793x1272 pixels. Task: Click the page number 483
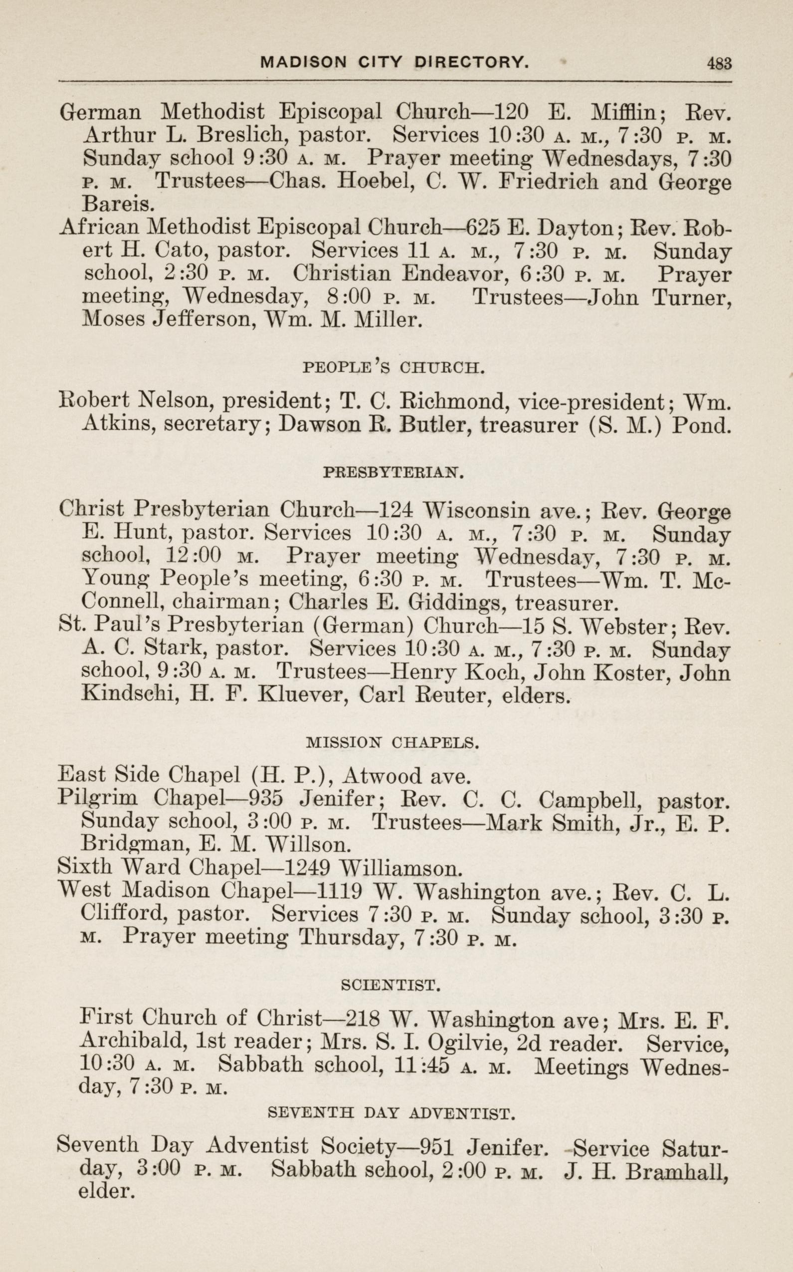pos(719,63)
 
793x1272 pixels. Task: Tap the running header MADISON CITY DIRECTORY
pos(395,63)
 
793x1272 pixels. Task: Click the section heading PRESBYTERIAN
pos(394,473)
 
